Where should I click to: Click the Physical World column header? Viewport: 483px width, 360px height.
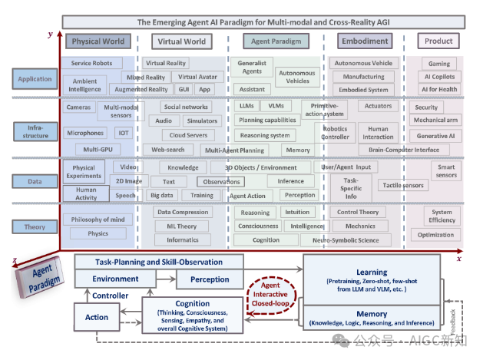97,41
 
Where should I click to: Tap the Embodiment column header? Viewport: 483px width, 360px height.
364,41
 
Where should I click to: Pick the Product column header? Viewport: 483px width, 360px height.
439,41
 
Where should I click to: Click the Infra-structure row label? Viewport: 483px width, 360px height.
35,130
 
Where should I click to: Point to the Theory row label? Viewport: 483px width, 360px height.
35,226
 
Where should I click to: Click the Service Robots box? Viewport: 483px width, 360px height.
92,63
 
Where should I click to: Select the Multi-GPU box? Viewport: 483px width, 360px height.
97,149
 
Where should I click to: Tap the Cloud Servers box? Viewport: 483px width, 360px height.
188,135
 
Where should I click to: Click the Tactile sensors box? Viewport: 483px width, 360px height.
402,185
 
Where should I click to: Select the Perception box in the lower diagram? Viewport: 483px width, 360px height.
209,279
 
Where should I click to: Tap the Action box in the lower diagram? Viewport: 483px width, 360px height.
97,317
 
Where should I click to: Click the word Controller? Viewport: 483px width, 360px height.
111,296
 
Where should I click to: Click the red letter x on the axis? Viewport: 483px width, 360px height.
458,259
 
